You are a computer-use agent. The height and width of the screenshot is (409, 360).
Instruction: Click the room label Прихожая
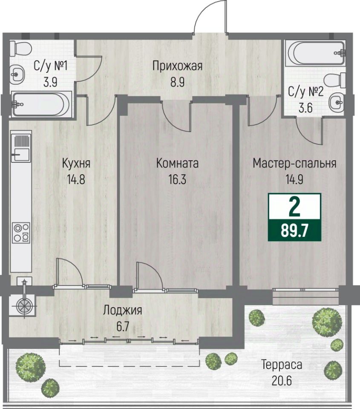177,66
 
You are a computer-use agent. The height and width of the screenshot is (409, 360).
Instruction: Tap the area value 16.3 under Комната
177,179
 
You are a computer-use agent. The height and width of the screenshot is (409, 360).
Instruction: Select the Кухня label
76,164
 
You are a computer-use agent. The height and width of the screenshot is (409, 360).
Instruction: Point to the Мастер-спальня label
294,163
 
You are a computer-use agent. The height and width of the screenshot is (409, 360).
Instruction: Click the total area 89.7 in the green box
294,231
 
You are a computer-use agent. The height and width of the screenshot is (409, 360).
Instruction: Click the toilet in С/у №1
21,48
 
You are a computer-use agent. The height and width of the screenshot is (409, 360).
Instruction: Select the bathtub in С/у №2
316,53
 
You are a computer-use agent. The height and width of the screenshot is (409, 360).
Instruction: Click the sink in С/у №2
337,102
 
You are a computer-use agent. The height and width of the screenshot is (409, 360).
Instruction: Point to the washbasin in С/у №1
17,74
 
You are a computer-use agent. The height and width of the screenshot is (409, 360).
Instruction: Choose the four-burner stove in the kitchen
22,233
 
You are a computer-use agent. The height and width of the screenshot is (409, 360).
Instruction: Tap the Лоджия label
123,311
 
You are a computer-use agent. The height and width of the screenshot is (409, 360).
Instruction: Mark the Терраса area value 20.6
282,381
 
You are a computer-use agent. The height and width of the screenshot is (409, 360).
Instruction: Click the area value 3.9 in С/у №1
50,82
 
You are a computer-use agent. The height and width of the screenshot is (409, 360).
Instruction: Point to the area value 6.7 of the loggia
123,327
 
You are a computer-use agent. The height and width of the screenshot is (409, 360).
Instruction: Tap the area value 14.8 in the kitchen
76,179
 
